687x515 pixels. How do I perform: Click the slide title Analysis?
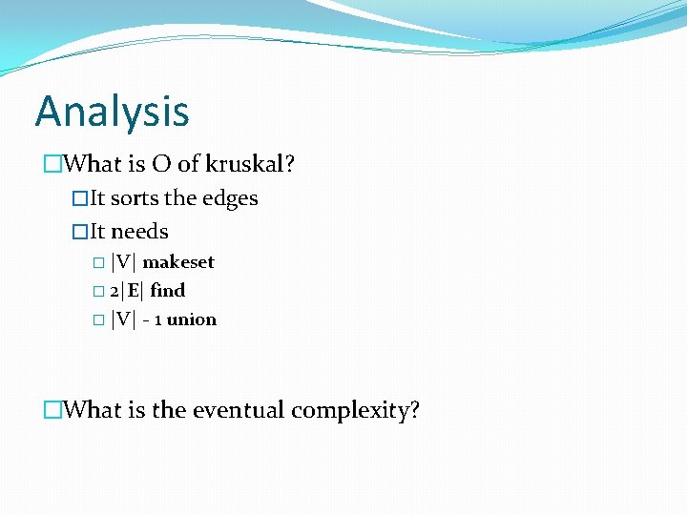tap(112, 112)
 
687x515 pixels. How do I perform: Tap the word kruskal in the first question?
tap(255, 164)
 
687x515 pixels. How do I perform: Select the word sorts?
tap(135, 198)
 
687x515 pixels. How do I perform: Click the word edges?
tap(230, 198)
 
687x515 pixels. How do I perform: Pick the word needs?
tap(139, 232)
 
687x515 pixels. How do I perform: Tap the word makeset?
tap(178, 262)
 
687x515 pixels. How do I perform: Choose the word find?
tap(167, 290)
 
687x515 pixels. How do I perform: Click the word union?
tap(191, 319)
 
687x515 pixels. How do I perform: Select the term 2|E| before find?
tap(126, 290)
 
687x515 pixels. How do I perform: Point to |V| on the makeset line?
tap(123, 262)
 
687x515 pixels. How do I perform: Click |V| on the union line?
tap(123, 319)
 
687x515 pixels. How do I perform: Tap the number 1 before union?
tap(158, 319)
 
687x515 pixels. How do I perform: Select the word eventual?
tap(239, 410)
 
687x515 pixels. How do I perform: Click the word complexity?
tap(354, 411)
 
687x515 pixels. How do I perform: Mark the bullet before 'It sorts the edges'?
tap(80, 199)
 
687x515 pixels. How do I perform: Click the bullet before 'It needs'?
tap(80, 233)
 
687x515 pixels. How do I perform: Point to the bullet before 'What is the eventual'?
tap(52, 411)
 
